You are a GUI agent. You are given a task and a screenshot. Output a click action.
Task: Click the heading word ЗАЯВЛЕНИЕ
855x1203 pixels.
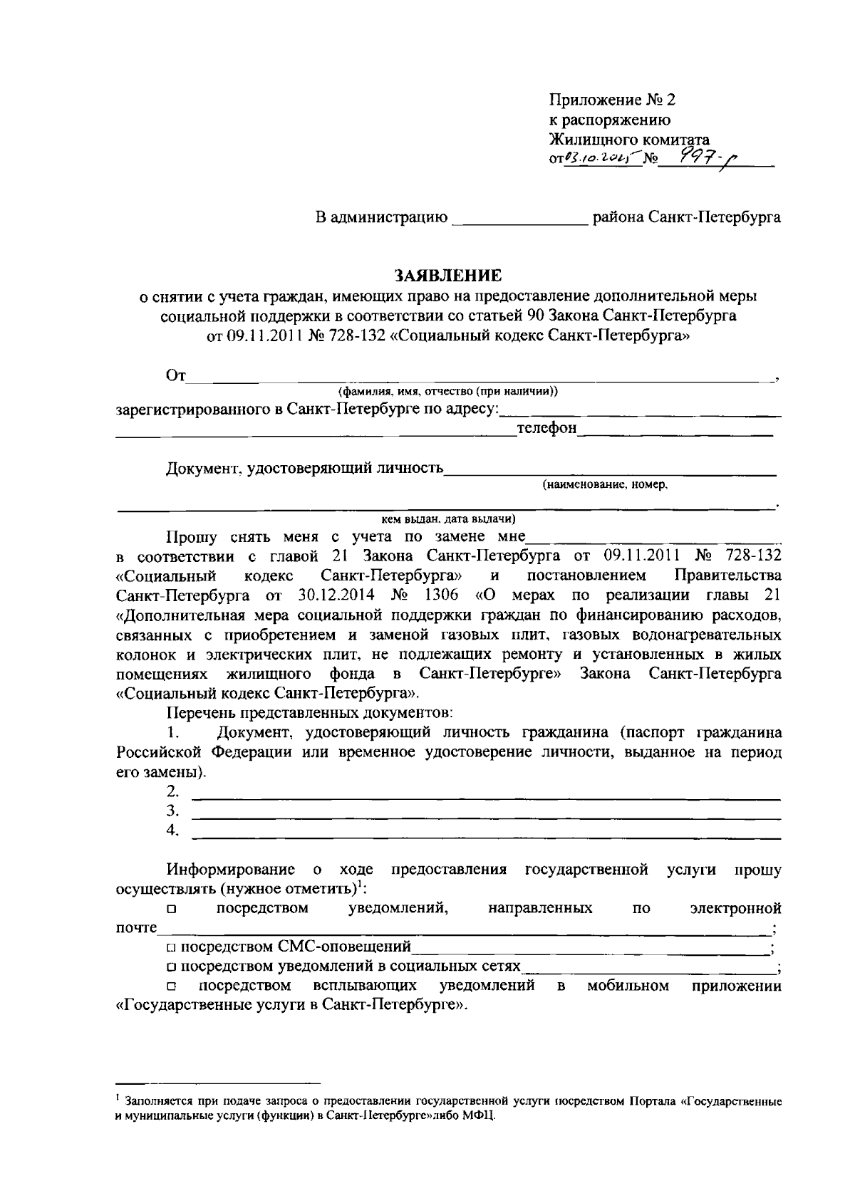tap(448, 275)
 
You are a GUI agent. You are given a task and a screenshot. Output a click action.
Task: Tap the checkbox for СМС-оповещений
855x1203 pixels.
tap(171, 948)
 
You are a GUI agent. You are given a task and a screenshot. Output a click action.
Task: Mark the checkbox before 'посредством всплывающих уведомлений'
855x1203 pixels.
tap(171, 987)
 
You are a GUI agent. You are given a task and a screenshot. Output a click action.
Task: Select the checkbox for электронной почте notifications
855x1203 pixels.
tap(171, 910)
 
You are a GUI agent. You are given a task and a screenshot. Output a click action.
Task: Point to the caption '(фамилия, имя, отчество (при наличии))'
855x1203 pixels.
tap(447, 391)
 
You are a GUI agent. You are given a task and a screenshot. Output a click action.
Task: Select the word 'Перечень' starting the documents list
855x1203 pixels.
tap(199, 712)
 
